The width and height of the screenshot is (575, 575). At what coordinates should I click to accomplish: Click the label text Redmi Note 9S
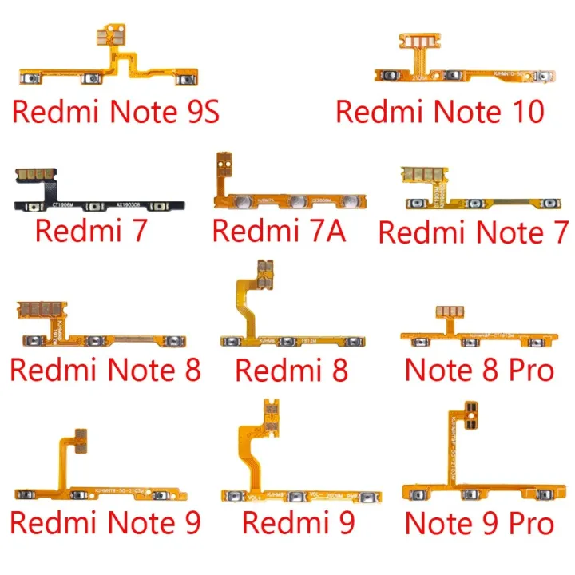click(x=116, y=112)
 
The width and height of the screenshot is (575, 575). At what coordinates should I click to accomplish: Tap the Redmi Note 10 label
click(x=440, y=110)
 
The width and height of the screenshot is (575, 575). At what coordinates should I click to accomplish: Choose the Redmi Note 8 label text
click(x=105, y=370)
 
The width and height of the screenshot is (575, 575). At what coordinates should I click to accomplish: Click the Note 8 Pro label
click(x=479, y=370)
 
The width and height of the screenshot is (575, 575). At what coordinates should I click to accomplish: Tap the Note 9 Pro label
click(x=479, y=524)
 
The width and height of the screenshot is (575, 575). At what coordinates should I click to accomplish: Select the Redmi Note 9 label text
click(x=105, y=524)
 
